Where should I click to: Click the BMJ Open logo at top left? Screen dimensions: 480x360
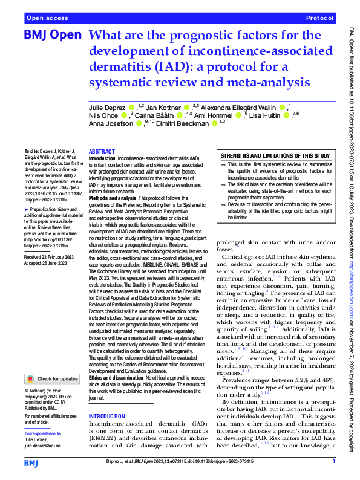pyautogui.click(x=52, y=36)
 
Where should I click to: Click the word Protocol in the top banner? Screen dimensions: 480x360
pyautogui.click(x=320, y=19)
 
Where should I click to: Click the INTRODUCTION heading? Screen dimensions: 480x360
pyautogui.click(x=110, y=400)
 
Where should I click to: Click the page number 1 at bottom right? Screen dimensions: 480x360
pyautogui.click(x=334, y=462)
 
